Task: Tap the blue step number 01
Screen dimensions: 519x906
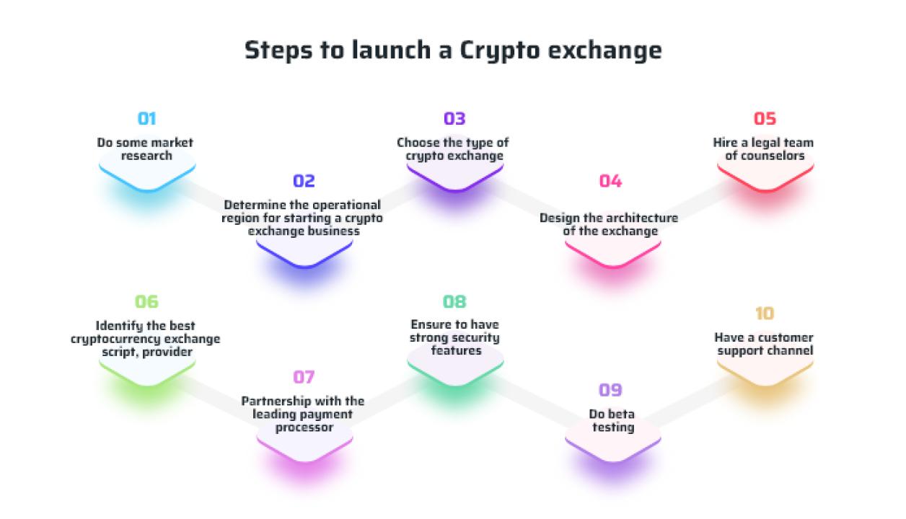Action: [x=146, y=119]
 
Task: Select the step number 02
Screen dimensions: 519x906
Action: [x=304, y=182]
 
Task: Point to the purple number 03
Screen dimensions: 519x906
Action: [x=454, y=119]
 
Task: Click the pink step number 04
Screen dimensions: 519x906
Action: [x=610, y=182]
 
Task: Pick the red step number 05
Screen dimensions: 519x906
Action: [x=765, y=119]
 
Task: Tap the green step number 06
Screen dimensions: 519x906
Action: [x=146, y=302]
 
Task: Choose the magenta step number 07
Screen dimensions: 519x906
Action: [x=304, y=377]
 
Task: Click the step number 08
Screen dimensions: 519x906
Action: [x=454, y=302]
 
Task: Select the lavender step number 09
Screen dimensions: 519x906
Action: [x=610, y=390]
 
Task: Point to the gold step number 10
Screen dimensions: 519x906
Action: [x=765, y=314]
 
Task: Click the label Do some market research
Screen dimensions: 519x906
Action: [x=146, y=149]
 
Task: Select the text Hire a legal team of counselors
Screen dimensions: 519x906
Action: [x=764, y=149]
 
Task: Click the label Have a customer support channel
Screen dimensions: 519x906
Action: [x=764, y=344]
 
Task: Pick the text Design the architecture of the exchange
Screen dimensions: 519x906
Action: [x=609, y=225]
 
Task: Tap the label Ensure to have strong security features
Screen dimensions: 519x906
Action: [x=454, y=337]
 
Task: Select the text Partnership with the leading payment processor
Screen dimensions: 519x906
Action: [x=303, y=414]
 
